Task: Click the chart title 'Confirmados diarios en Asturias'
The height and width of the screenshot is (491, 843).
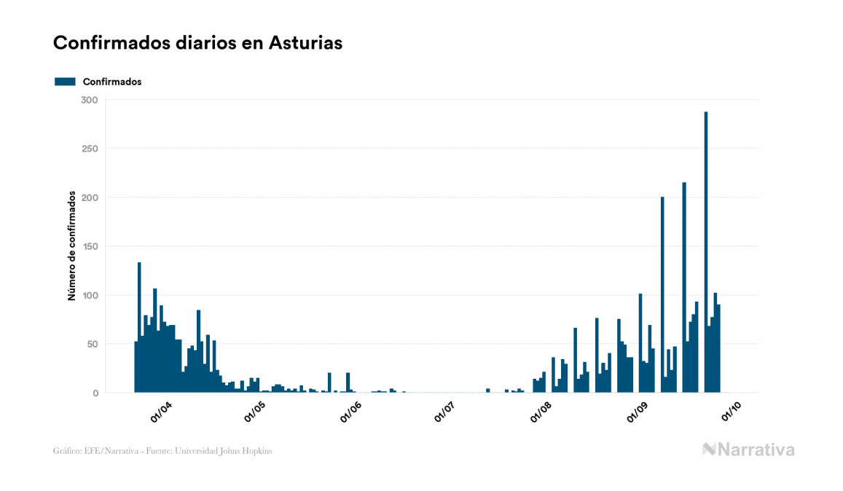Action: point(197,43)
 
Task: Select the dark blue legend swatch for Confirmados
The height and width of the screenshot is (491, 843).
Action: point(65,82)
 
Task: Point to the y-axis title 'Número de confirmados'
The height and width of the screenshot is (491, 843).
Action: point(71,245)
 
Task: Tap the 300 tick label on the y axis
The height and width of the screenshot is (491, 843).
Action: point(90,100)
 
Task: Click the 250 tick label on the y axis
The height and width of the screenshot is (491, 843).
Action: point(90,149)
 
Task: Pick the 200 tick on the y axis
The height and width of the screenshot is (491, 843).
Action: point(90,197)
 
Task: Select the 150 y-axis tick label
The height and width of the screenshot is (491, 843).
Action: point(90,246)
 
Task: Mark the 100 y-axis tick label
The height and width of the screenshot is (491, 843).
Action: point(90,295)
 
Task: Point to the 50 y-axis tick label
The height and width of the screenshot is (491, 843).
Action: point(93,344)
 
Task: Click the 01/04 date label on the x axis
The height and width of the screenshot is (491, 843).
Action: point(160,412)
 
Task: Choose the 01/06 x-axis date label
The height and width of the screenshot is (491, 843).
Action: point(350,412)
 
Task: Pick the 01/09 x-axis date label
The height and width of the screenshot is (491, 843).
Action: point(637,412)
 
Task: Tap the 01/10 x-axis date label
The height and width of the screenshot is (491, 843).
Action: point(731,412)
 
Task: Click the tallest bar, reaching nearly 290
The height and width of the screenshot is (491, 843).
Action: point(706,251)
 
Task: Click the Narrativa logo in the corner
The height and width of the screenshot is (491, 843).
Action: point(748,449)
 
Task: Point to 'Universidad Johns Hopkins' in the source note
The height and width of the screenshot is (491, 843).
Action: point(230,451)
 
